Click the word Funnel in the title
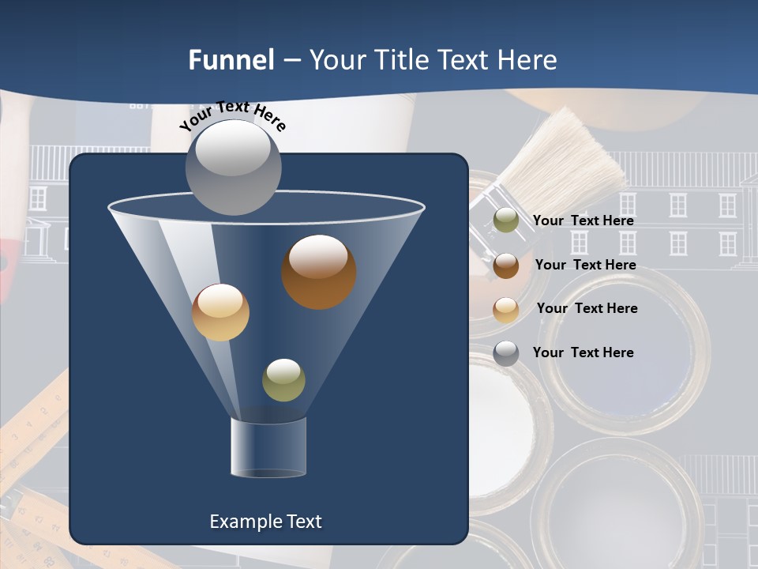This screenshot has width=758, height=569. [x=231, y=60]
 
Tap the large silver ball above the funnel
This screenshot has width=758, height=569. [x=233, y=167]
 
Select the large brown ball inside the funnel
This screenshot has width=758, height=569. [x=318, y=272]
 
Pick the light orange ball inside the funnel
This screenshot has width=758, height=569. [x=220, y=312]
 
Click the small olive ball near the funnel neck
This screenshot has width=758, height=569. [x=283, y=380]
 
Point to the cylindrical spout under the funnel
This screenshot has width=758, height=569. [x=268, y=447]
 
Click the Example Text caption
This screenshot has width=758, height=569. [x=265, y=522]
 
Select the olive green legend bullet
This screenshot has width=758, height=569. [x=506, y=220]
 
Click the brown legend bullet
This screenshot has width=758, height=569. [x=506, y=266]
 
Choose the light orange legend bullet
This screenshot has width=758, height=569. [x=506, y=310]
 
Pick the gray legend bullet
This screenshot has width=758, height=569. [x=506, y=353]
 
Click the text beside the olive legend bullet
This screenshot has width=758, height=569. [x=583, y=220]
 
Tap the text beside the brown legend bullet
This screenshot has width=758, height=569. [x=585, y=265]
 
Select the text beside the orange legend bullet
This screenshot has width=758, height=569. [x=587, y=308]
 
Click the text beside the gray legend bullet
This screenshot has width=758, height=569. [x=583, y=352]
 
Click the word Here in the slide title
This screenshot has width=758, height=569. [x=528, y=60]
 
